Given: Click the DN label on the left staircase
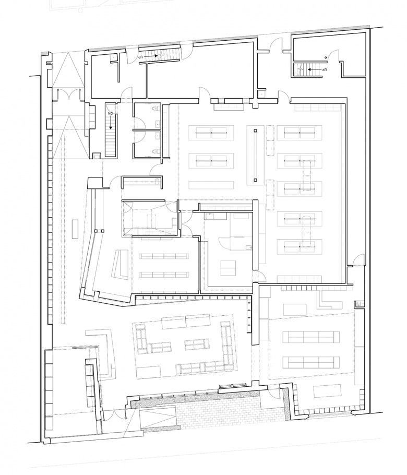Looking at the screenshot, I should point(111,113).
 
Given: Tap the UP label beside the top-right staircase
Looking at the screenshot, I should point(324,69).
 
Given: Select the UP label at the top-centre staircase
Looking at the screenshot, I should point(141,55).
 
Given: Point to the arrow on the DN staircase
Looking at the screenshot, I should point(111,122).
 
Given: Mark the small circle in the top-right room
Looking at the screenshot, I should point(326,56).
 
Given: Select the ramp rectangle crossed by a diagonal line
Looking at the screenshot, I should point(158,419).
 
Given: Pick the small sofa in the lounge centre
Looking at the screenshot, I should point(197,344).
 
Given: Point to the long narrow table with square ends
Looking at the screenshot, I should point(255,155).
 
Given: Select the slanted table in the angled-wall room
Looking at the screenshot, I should point(122,264).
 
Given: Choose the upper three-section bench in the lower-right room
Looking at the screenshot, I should point(307,337).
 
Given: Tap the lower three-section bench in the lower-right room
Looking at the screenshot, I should point(307,362).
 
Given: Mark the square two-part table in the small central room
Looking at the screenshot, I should point(228,268).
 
